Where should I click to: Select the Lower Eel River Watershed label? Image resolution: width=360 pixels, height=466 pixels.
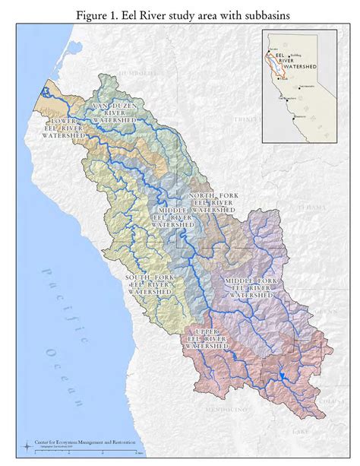(62, 128)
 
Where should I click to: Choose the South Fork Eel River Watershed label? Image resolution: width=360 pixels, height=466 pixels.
(150, 284)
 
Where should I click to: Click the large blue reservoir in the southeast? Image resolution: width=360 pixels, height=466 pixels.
(279, 376)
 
